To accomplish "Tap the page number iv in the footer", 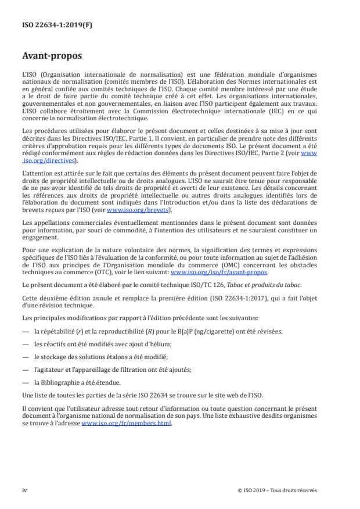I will click(x=24, y=490).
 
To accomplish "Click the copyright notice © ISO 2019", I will click(x=277, y=490).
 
